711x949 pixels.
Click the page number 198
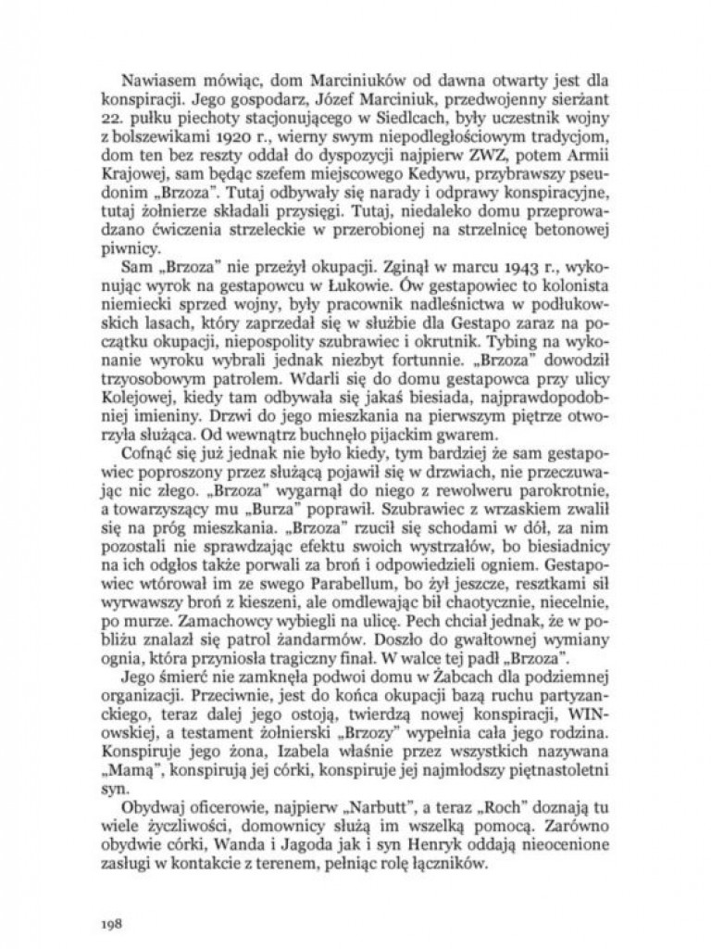[113, 898]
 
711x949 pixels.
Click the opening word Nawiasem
[157, 89]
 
